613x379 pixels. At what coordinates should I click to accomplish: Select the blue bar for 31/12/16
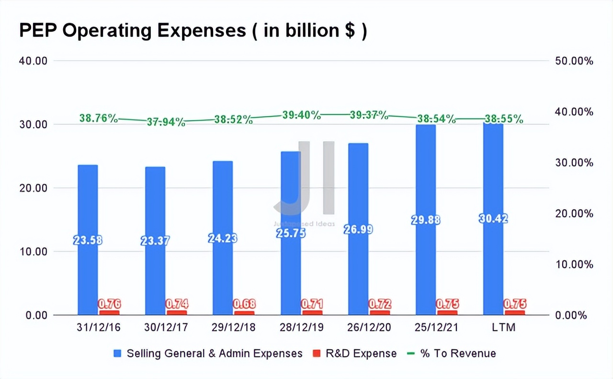(x=88, y=201)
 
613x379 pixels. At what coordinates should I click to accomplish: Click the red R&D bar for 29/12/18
(x=244, y=312)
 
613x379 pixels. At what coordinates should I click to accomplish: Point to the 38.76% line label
(x=99, y=118)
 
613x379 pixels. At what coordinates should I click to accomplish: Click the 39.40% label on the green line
(x=301, y=115)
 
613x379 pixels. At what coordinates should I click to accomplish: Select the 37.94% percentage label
(x=166, y=122)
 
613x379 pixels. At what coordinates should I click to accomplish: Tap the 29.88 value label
(x=426, y=220)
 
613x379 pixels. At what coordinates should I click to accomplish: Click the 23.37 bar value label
(x=155, y=241)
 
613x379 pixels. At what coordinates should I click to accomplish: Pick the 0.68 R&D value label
(x=244, y=304)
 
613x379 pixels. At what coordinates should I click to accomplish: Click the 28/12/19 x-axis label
(x=301, y=328)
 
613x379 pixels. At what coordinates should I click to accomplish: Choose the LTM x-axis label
(x=504, y=328)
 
